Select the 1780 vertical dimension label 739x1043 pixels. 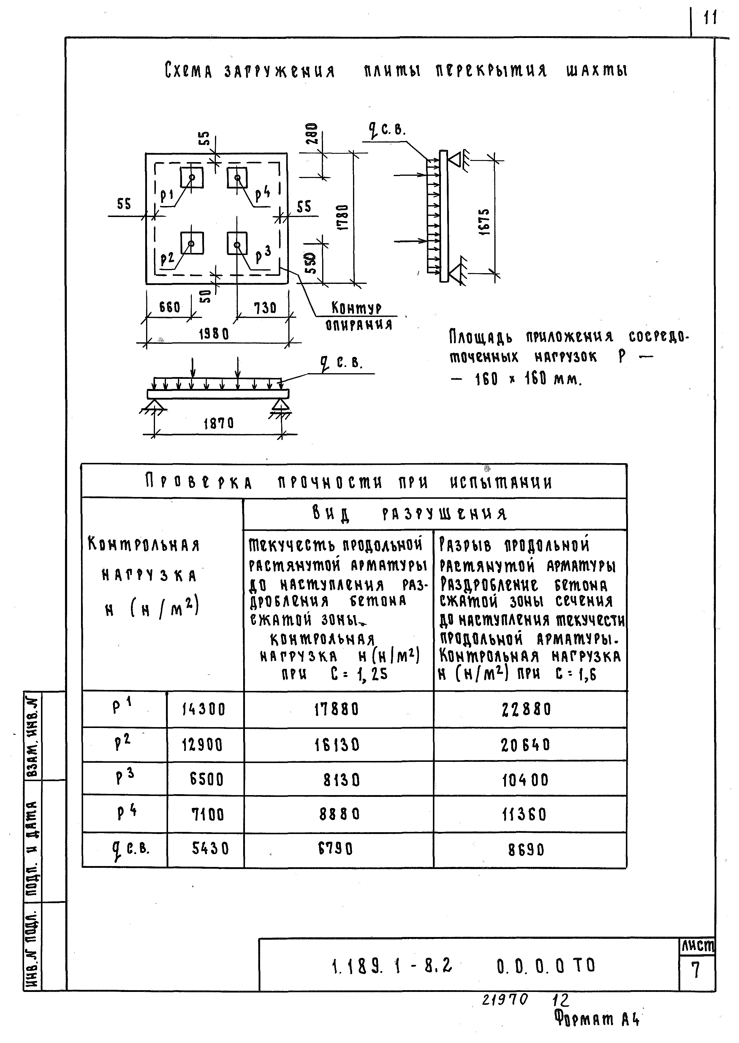coord(344,217)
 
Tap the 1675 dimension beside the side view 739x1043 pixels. coord(485,221)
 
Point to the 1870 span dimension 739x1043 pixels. coord(219,424)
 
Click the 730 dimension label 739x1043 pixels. coord(265,308)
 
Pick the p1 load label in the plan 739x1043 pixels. coord(167,196)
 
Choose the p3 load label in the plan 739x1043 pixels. coord(263,255)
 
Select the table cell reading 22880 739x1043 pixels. coord(526,709)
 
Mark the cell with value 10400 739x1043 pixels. coord(526,781)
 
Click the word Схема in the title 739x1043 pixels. coord(189,71)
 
